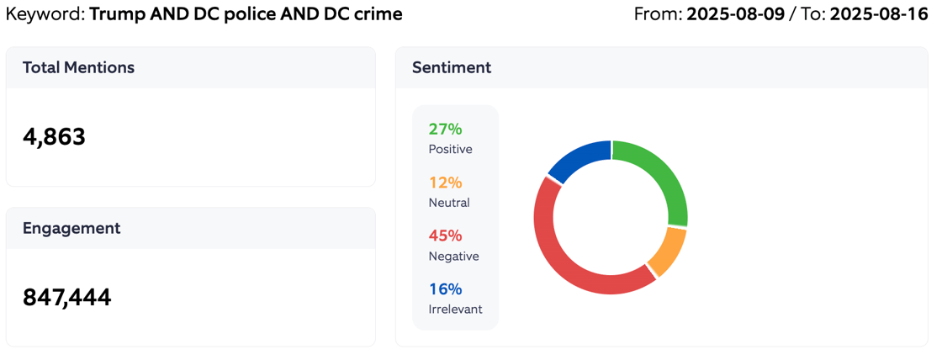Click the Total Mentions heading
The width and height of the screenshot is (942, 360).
[x=78, y=67]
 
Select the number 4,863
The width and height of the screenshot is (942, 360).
[x=54, y=137]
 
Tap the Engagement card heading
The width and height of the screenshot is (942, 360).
[x=71, y=228]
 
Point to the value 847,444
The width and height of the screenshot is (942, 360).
[x=66, y=297]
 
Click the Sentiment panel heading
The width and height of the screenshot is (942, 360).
[x=452, y=67]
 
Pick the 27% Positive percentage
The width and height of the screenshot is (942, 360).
[x=445, y=129]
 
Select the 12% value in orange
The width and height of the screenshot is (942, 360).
[x=445, y=183]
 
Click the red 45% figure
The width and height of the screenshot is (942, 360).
[x=445, y=236]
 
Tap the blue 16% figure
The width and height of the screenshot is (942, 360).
[x=445, y=289]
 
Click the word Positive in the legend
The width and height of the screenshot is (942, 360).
[x=450, y=149]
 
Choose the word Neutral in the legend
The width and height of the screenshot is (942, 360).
[x=449, y=203]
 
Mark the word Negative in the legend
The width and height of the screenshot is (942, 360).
[x=453, y=256]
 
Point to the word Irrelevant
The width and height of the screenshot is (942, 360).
[x=455, y=309]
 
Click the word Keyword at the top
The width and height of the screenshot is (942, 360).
[x=42, y=14]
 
